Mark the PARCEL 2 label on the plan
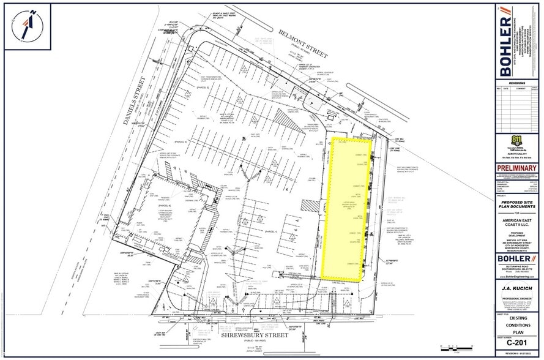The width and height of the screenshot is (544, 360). [203, 88]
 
